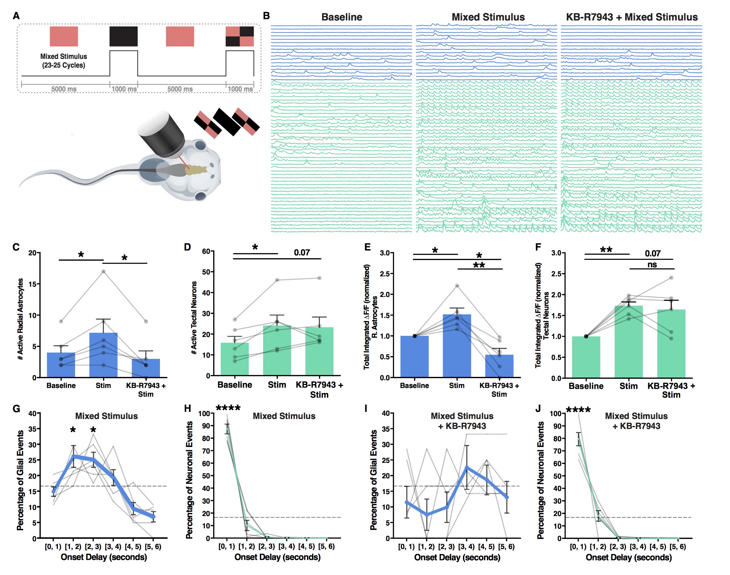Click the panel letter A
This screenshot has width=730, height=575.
click(16, 16)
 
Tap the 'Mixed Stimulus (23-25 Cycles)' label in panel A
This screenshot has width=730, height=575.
click(64, 61)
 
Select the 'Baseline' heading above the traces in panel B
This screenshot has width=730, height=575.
click(341, 17)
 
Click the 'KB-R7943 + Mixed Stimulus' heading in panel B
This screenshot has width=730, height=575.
click(631, 17)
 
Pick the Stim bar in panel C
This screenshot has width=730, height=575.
click(103, 355)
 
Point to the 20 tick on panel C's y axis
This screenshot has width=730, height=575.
click(33, 253)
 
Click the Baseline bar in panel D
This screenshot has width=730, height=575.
click(234, 359)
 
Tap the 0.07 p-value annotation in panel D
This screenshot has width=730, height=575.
click(301, 252)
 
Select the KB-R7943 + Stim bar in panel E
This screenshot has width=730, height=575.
click(499, 366)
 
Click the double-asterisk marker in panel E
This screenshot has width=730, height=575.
click(479, 265)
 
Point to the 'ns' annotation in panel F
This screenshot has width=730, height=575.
click(652, 265)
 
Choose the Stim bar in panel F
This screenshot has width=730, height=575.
click(628, 342)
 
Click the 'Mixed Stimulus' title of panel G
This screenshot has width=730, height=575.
click(106, 416)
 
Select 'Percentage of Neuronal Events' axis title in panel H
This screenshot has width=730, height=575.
click(189, 480)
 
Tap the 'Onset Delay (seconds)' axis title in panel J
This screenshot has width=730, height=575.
click(628, 558)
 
